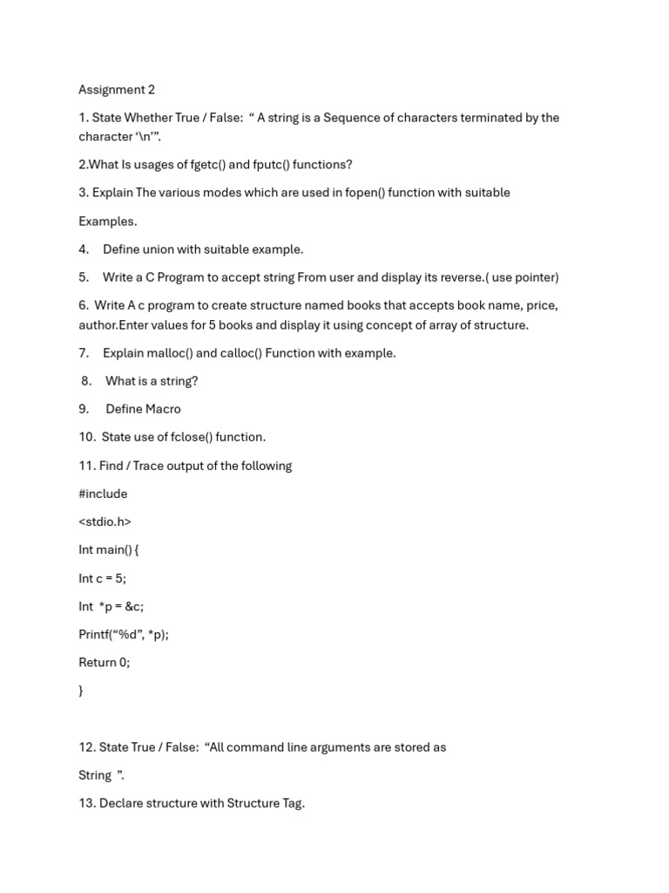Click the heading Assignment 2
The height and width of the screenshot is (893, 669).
click(117, 90)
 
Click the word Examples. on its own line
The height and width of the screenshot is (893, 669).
click(108, 222)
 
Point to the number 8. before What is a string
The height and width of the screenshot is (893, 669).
click(86, 381)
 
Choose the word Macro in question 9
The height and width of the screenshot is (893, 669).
click(162, 409)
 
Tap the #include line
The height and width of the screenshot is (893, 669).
click(103, 494)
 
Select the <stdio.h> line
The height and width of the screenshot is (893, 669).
click(105, 521)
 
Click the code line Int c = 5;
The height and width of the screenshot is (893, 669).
click(103, 578)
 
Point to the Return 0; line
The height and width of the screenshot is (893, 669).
click(104, 663)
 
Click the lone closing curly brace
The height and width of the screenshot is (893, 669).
click(81, 691)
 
